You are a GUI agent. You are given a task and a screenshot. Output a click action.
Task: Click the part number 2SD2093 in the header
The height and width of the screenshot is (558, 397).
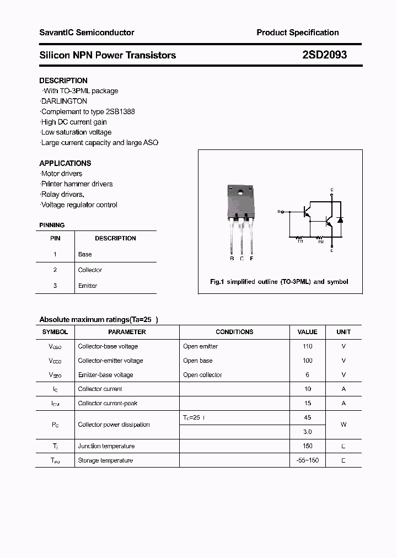[324, 55]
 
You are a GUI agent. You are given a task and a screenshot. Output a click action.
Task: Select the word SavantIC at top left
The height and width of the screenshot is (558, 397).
[56, 33]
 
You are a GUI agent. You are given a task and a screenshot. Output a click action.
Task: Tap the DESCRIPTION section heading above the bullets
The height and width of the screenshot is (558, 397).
[63, 81]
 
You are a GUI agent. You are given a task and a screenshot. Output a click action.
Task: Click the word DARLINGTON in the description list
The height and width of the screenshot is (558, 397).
[64, 101]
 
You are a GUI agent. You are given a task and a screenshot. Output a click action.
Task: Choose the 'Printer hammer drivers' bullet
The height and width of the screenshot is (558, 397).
[77, 184]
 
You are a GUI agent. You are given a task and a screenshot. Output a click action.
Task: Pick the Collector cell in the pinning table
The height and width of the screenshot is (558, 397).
[90, 270]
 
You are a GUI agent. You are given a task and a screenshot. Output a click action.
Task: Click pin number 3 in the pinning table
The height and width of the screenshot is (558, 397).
[55, 286]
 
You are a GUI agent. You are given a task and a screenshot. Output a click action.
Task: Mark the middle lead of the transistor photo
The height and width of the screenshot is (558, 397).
[242, 237]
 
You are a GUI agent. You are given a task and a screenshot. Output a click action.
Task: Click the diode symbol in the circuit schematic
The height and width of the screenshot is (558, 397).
[340, 219]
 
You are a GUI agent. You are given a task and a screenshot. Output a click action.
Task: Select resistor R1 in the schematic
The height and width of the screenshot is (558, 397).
[301, 238]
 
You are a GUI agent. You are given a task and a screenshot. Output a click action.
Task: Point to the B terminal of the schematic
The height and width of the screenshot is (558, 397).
[280, 211]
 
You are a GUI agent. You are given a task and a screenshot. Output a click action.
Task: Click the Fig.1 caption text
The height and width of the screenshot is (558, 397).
[279, 282]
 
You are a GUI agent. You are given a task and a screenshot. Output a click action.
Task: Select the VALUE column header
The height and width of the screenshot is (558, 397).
[307, 332]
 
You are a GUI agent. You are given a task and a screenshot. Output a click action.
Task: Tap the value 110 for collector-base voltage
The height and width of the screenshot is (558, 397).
[307, 346]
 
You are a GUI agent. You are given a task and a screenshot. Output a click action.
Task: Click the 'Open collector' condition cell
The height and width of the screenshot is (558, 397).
[202, 375]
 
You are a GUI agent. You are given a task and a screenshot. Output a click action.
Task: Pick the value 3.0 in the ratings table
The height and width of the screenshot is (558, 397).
[307, 432]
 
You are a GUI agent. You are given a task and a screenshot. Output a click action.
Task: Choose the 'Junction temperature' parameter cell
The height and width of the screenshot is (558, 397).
[106, 446]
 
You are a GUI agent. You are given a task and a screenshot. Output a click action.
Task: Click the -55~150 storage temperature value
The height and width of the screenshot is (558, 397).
[307, 460]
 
